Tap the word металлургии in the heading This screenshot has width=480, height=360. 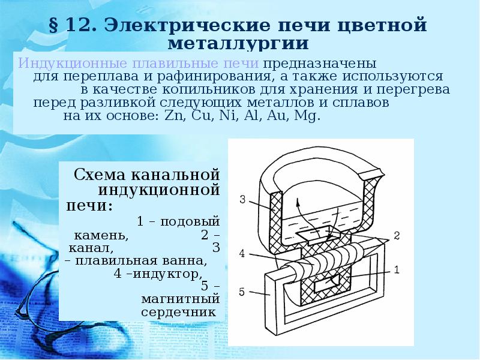click(x=239, y=44)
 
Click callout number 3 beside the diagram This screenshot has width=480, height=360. click(x=242, y=200)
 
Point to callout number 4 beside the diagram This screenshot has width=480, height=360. click(x=242, y=253)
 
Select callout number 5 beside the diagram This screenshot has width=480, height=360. click(x=242, y=292)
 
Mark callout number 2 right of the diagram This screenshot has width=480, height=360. click(x=397, y=234)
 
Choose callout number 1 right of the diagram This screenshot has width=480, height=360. click(x=397, y=269)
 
